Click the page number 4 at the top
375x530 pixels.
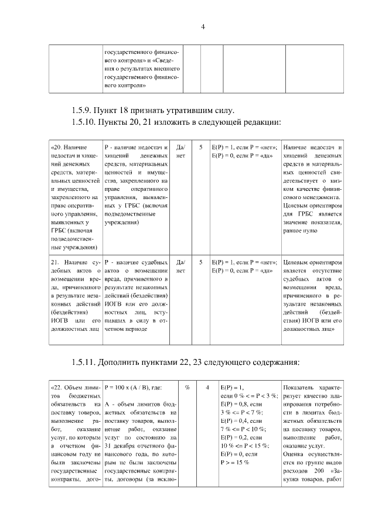[x=203, y=26]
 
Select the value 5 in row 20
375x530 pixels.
[x=201, y=148]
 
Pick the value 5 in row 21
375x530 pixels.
[x=201, y=262]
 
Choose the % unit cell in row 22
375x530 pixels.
[x=187, y=388]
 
